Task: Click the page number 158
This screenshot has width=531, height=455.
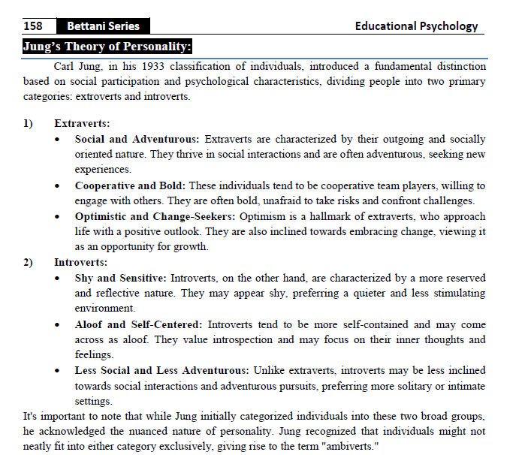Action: [x=33, y=26]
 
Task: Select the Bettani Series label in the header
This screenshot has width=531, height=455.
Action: [x=97, y=26]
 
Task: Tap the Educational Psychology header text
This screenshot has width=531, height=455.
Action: [x=416, y=26]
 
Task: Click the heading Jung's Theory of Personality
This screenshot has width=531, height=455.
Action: [x=107, y=47]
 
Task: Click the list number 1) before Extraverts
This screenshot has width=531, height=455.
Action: [x=29, y=123]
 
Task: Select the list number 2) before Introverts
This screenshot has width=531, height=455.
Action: [x=29, y=263]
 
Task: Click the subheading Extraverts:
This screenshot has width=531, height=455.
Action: [x=83, y=123]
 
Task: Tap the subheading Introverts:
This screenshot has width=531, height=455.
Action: [x=80, y=263]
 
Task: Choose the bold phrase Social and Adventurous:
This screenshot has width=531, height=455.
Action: [x=137, y=139]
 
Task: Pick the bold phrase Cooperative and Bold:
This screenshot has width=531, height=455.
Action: [x=132, y=185]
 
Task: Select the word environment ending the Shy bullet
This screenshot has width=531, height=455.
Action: [x=105, y=309]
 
